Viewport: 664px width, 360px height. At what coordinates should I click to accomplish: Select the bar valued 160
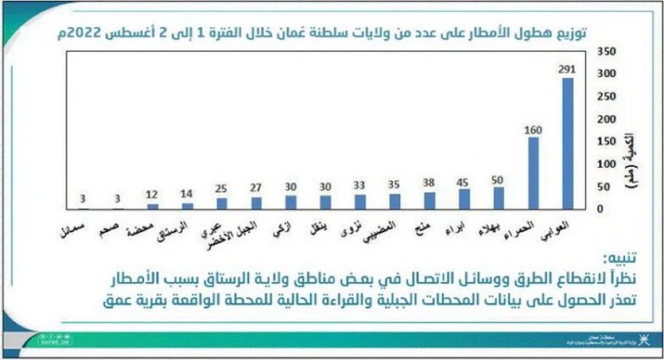[534, 173]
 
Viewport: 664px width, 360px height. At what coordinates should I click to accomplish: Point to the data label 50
[498, 179]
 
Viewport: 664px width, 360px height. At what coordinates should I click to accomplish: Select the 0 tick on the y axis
[600, 209]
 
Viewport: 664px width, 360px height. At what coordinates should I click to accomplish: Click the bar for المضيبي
[394, 201]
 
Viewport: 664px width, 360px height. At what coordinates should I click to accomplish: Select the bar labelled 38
[429, 201]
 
